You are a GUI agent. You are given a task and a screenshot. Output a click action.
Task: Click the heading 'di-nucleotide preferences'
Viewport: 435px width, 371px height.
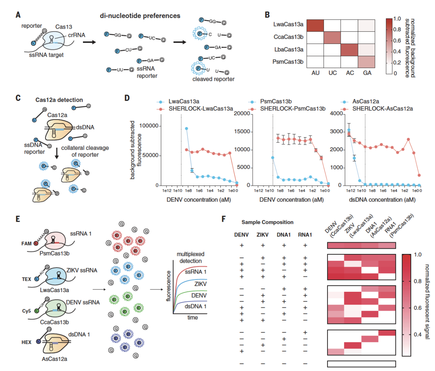tap(140, 16)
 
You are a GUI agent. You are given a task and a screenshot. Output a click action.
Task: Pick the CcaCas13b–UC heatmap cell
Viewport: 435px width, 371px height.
tap(332, 38)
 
